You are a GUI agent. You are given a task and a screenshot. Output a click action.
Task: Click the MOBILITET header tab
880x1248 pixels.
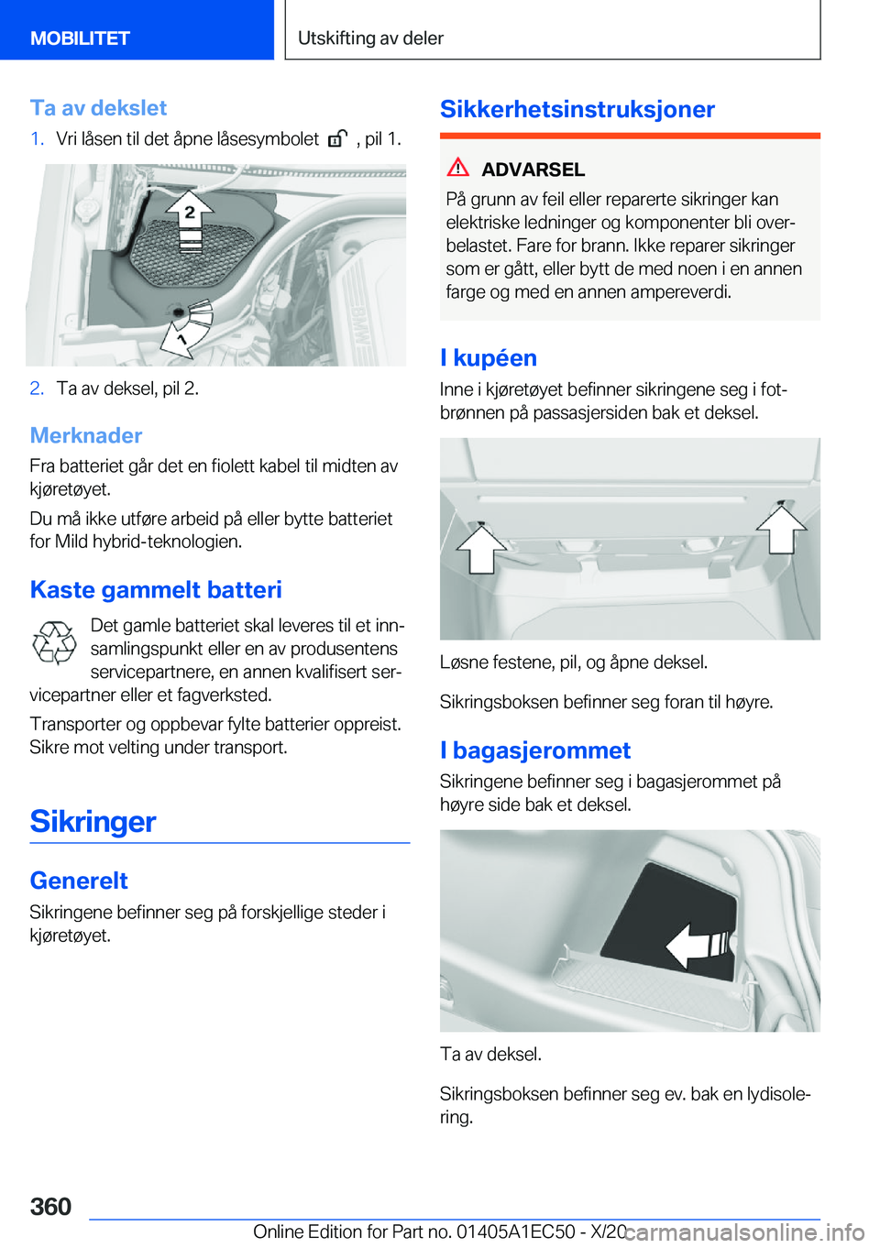[80, 38]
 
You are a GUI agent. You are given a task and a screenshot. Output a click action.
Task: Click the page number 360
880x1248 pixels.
[50, 1206]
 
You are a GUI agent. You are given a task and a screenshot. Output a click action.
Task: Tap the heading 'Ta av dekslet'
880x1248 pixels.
[98, 108]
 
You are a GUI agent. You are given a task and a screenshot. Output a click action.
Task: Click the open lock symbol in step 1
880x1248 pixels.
[337, 139]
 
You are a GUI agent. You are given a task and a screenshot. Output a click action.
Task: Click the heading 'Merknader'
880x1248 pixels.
[86, 435]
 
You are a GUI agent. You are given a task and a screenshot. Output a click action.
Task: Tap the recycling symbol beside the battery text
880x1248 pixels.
[55, 642]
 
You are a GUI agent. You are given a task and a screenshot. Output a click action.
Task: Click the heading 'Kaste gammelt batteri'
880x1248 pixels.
[156, 589]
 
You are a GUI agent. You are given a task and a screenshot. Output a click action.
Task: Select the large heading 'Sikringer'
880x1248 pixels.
[93, 821]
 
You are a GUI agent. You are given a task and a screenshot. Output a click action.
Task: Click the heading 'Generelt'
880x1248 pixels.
[79, 881]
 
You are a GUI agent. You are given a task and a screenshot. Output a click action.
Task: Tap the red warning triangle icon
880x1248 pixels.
[458, 168]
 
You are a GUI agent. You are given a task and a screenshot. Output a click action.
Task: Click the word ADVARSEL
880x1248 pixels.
[533, 170]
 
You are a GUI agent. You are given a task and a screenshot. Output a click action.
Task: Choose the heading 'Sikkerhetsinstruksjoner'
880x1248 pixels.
[577, 109]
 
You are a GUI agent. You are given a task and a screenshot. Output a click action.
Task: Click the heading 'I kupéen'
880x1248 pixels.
[489, 358]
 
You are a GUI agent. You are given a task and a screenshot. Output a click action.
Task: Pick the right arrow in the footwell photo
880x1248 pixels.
[781, 529]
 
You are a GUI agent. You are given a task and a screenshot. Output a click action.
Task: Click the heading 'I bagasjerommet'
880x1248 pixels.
[535, 750]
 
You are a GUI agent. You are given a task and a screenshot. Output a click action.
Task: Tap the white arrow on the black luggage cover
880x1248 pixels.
[695, 945]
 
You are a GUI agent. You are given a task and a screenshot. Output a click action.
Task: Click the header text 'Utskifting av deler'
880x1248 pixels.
[370, 38]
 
